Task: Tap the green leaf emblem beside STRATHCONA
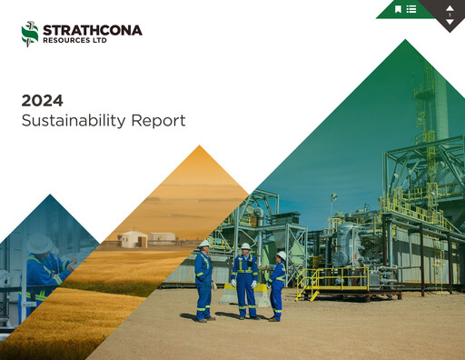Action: click(30, 34)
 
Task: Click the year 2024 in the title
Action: click(42, 100)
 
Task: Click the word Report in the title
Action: click(157, 120)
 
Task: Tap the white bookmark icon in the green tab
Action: click(398, 9)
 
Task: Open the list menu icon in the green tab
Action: click(411, 9)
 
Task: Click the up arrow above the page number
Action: click(450, 7)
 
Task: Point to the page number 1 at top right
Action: click(450, 15)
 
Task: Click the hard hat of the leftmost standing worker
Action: click(204, 244)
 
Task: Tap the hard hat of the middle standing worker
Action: click(244, 246)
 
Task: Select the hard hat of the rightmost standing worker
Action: click(281, 255)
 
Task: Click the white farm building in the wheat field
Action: click(134, 239)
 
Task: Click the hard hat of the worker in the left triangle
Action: click(39, 244)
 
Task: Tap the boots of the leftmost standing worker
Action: click(204, 318)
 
